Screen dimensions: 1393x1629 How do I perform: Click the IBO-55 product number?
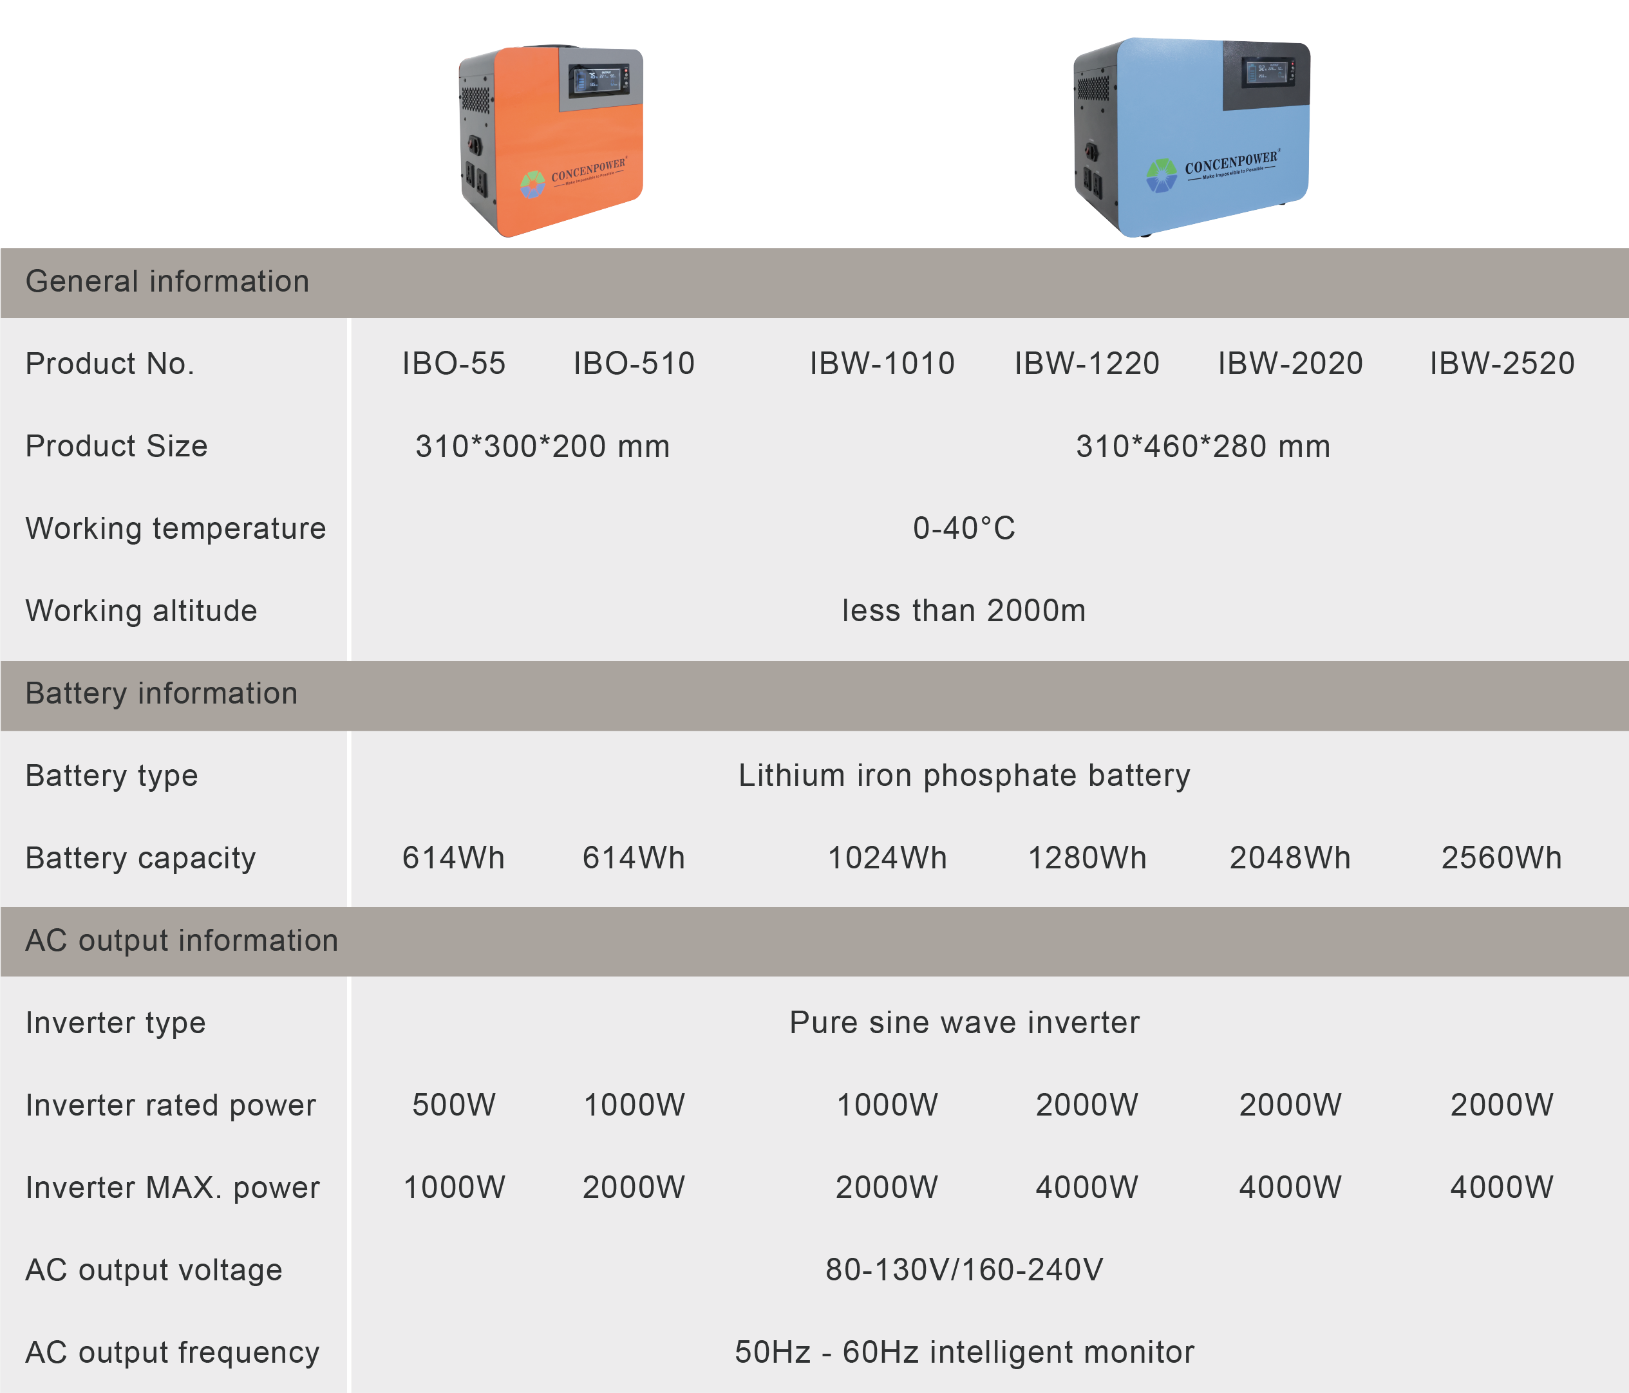[454, 363]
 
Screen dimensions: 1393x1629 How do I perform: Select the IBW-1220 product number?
[1086, 363]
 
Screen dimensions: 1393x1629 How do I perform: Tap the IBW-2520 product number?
[1502, 363]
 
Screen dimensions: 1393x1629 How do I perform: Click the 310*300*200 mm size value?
[543, 445]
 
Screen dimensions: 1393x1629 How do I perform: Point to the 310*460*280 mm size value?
[1203, 445]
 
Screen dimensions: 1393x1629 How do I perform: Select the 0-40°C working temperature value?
[964, 528]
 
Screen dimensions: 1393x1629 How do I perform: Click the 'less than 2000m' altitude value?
[964, 611]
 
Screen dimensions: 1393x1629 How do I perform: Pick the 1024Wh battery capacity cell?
[887, 857]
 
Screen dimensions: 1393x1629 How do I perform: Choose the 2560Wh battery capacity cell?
[1502, 857]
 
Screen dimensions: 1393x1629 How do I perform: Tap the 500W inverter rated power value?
[454, 1105]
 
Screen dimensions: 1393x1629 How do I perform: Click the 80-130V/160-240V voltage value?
[964, 1269]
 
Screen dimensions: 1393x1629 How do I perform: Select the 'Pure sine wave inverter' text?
[964, 1023]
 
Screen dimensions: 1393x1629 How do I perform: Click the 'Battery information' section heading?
[161, 693]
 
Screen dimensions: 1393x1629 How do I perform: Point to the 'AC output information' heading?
[182, 940]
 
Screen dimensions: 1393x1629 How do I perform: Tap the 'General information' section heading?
[167, 281]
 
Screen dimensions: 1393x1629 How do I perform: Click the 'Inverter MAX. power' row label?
[172, 1187]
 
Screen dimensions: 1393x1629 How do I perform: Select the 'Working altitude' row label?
[142, 611]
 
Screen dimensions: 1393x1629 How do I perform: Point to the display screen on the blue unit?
[1266, 74]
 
